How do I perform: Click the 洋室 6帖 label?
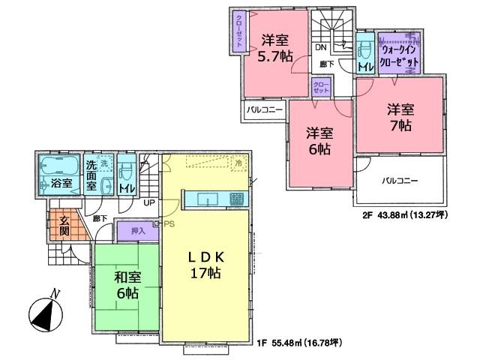(319, 142)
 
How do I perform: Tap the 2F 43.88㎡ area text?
(405, 214)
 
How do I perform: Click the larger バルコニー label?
(400, 181)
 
